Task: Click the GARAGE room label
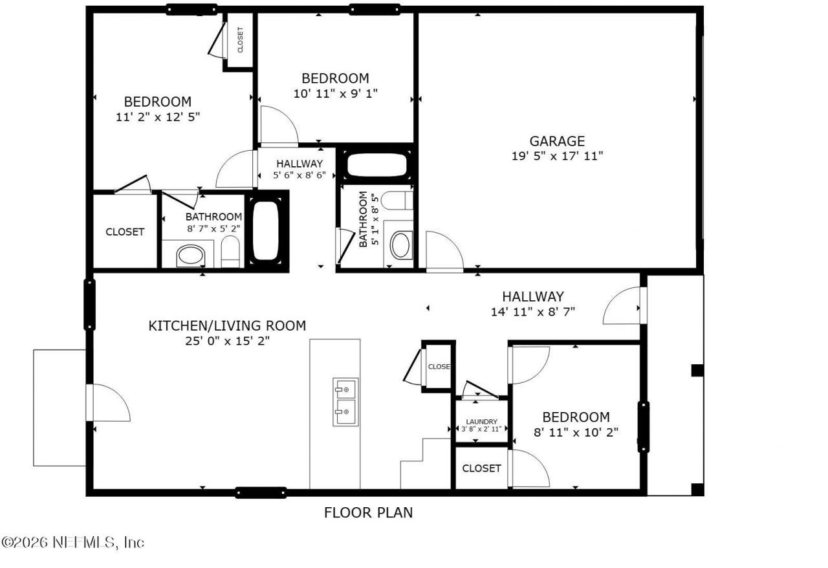pos(557,141)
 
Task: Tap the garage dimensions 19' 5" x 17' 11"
pos(557,156)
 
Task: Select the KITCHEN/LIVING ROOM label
pos(227,325)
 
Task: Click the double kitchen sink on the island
pos(345,402)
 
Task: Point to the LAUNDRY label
pos(481,421)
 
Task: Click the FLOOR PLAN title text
pos(368,513)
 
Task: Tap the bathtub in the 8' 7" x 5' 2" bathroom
pos(265,231)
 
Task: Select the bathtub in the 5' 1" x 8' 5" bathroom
pos(376,166)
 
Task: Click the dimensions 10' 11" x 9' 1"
pos(335,93)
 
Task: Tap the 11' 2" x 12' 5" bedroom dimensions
pos(157,117)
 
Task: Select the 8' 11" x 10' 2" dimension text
pos(576,432)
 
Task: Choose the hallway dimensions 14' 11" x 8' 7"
pos(533,312)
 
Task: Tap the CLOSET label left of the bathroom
pos(125,232)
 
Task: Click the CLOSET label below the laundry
pos(481,468)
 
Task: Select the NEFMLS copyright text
pos(72,542)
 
